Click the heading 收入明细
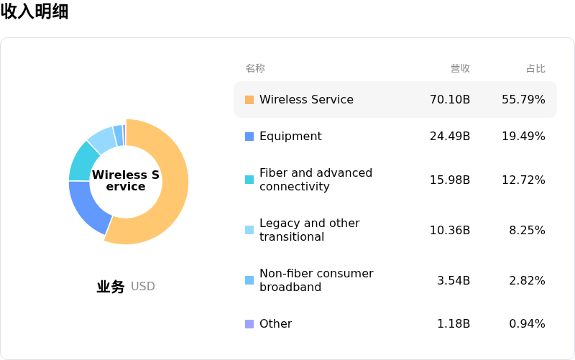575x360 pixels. coord(34,11)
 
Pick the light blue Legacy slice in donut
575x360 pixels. coord(102,139)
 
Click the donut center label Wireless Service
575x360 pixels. coord(126,181)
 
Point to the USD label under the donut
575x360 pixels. coord(143,287)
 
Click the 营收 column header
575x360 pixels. coord(460,68)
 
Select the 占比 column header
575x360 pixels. coord(535,68)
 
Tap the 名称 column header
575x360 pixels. coord(255,68)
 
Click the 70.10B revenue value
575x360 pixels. coord(450,99)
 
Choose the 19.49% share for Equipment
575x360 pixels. coord(523,137)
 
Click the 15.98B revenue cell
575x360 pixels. coord(450,180)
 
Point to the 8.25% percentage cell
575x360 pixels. coord(527,230)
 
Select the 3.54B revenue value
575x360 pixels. coord(454,280)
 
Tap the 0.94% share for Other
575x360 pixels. coord(527,324)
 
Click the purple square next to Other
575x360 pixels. coord(249,324)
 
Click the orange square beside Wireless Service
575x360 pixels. coord(249,100)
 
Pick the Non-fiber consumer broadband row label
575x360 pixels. coord(316,280)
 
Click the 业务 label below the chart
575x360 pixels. coord(111,287)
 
